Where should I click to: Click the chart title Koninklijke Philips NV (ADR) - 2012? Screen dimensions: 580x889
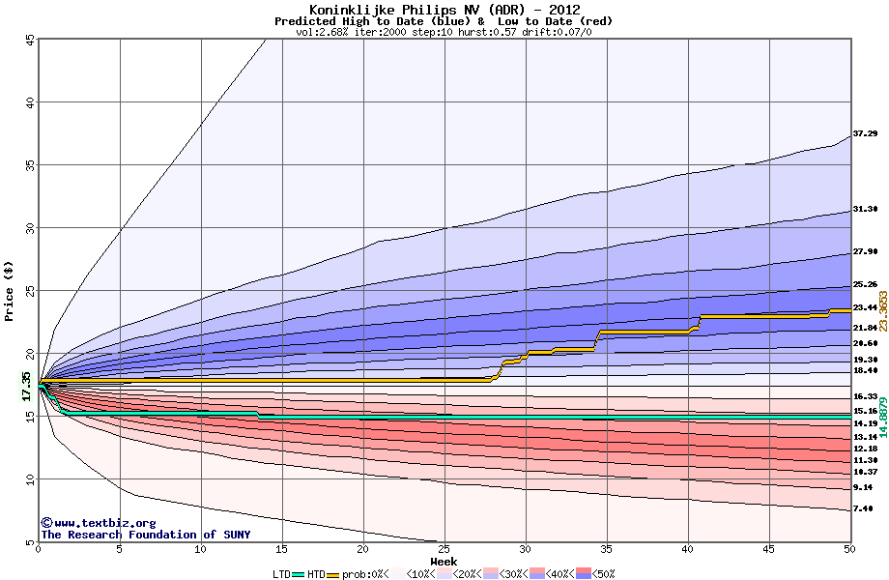[x=444, y=10]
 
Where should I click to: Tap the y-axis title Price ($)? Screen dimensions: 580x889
[x=10, y=290]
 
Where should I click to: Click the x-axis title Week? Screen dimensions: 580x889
[x=444, y=561]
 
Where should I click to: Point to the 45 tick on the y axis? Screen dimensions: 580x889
[x=30, y=40]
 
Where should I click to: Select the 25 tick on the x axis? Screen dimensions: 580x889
[x=444, y=550]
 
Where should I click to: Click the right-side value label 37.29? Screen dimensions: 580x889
[x=865, y=133]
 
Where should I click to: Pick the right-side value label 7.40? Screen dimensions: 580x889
[x=863, y=508]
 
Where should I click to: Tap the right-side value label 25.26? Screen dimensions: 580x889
[x=865, y=285]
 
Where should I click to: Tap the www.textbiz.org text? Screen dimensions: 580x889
[x=98, y=523]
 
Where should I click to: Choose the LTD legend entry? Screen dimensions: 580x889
[x=281, y=573]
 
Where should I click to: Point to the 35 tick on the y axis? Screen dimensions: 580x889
[x=30, y=165]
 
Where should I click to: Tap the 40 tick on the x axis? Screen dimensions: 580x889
[x=687, y=550]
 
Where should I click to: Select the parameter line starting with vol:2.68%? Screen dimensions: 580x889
[x=444, y=32]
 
